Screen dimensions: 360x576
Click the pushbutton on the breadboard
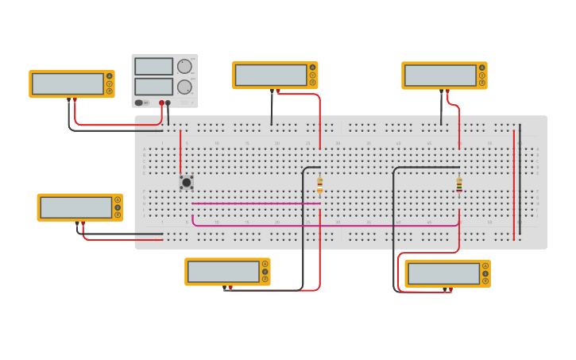[186, 182]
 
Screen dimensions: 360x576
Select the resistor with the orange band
[320, 185]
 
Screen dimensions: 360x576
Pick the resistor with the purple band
[459, 185]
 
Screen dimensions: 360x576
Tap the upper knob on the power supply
[184, 67]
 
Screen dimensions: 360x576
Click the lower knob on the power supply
[184, 87]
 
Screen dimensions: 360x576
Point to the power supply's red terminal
[161, 103]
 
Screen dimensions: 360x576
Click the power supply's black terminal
[168, 103]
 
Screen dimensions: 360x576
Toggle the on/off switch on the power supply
[139, 103]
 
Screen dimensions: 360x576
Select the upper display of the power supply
[153, 66]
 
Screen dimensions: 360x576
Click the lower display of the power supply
[153, 86]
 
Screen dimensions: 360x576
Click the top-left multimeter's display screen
[68, 83]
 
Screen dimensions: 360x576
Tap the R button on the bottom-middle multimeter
[265, 279]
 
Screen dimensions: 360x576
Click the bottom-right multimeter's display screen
[443, 273]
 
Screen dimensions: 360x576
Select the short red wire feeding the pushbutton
[180, 151]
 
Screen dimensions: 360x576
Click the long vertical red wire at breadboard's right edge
[513, 183]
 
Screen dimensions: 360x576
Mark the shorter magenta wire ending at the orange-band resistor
[254, 203]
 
